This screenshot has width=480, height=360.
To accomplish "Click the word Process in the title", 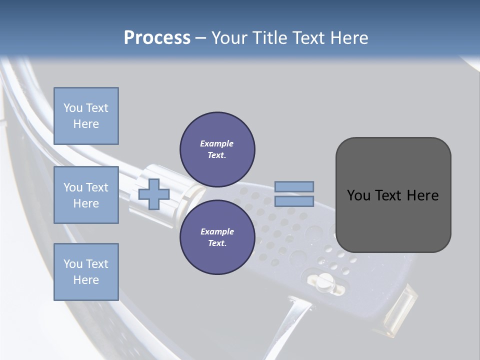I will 157,38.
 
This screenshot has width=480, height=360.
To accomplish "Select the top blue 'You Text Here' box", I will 86,116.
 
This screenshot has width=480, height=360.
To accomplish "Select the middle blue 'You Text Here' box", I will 86,195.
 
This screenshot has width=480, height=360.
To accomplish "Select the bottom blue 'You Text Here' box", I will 86,271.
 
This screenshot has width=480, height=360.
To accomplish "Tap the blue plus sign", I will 153,194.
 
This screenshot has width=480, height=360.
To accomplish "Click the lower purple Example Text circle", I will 217,237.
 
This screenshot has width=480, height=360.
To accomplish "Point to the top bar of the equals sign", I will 294,186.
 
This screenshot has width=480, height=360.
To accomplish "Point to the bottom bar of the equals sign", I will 294,201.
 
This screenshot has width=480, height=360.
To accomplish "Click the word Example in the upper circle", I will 217,143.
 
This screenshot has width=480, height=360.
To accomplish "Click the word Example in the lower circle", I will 217,231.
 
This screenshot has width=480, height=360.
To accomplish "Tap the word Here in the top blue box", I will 86,124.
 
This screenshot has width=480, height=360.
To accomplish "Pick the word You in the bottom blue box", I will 72,264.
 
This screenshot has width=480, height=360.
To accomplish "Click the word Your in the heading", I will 229,38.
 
